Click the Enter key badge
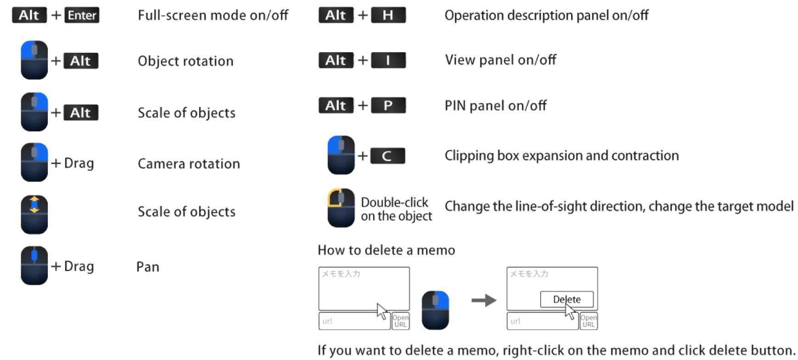click(82, 15)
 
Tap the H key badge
click(388, 15)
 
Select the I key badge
click(388, 60)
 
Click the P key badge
click(388, 105)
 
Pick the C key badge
click(388, 156)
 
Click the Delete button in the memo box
click(567, 299)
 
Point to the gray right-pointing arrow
click(484, 300)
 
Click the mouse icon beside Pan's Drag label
click(34, 265)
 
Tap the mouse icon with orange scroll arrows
click(34, 214)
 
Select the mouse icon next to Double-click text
click(341, 208)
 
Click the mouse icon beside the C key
click(341, 155)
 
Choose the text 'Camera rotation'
click(189, 163)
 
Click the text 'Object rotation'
click(185, 61)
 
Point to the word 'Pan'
click(148, 267)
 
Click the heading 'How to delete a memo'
click(386, 250)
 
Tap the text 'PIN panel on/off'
click(495, 106)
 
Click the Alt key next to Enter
click(29, 15)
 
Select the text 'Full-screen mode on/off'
click(213, 15)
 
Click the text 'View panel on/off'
click(500, 60)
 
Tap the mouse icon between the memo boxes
click(435, 310)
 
